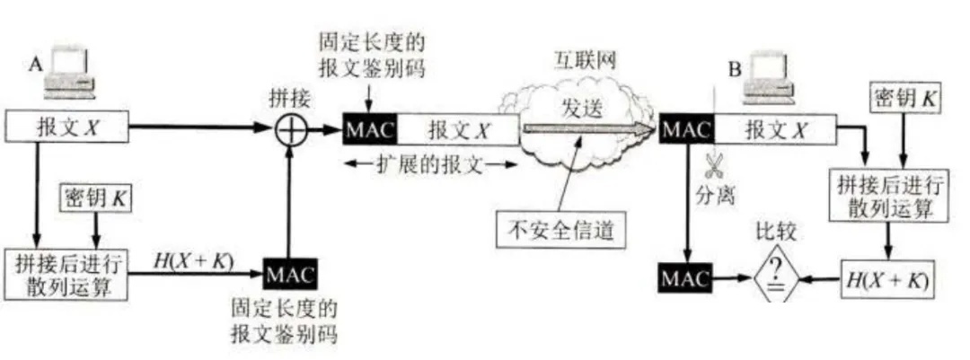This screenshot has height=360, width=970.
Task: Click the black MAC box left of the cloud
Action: pyautogui.click(x=369, y=129)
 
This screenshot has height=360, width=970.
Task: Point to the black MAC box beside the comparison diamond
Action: pyautogui.click(x=685, y=277)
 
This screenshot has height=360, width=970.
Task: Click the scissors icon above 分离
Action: pyautogui.click(x=716, y=168)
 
